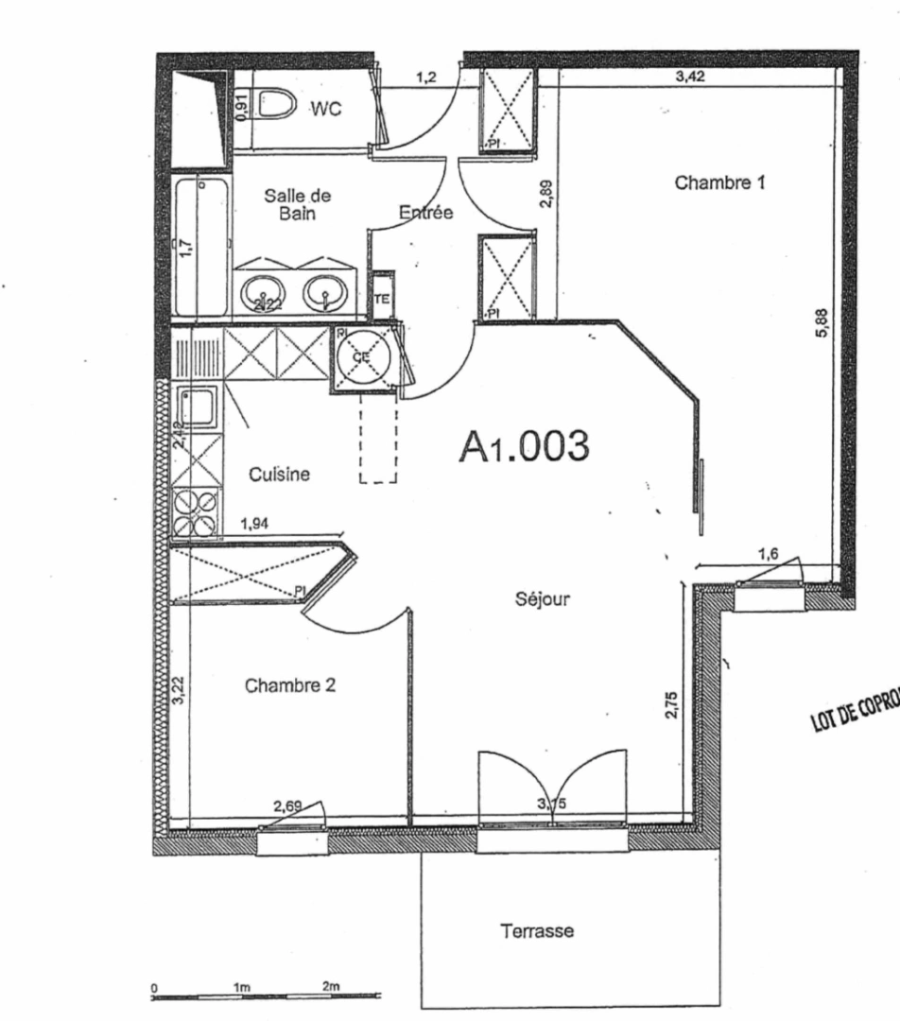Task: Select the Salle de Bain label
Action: click(298, 204)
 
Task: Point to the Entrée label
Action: click(426, 214)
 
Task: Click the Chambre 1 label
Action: click(719, 182)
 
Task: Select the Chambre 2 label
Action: click(290, 686)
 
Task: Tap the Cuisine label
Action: click(279, 475)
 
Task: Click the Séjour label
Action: click(542, 598)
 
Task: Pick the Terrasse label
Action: click(537, 931)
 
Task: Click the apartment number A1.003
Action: click(525, 445)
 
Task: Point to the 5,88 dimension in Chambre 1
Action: click(822, 328)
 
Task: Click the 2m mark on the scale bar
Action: click(330, 986)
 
